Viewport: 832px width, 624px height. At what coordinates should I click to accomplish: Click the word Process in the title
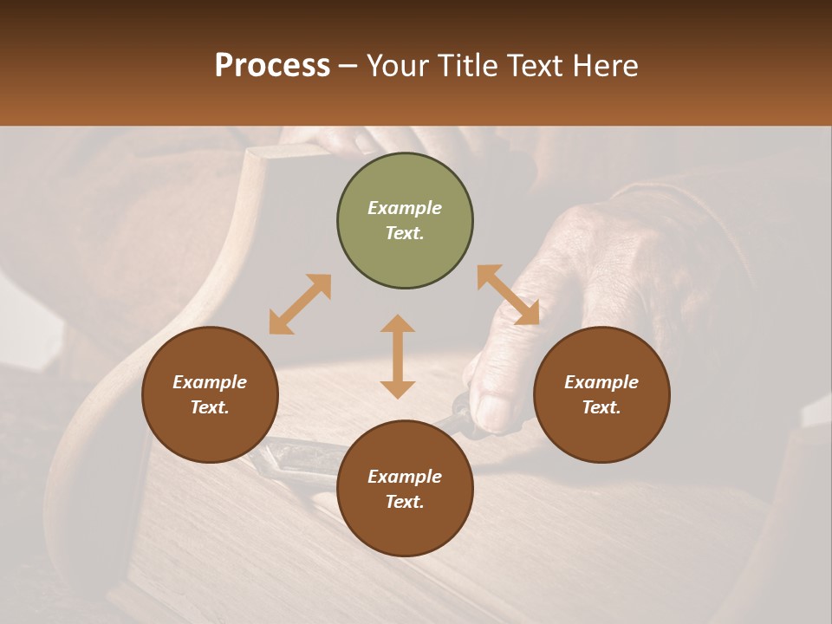(272, 66)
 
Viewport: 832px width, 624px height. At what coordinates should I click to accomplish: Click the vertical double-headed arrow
(398, 356)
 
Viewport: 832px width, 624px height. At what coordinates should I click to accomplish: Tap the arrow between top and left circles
(300, 304)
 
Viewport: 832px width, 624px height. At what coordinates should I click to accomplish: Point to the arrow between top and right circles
(508, 295)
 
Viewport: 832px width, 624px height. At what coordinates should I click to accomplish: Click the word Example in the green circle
(405, 208)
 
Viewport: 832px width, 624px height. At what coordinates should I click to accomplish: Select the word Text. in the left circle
(210, 407)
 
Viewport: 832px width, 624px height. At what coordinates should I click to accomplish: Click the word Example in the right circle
(601, 382)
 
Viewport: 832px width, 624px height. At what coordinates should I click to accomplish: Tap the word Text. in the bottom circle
(405, 502)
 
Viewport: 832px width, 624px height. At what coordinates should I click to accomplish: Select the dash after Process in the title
(348, 66)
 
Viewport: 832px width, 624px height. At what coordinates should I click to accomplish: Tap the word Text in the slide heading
(535, 66)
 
